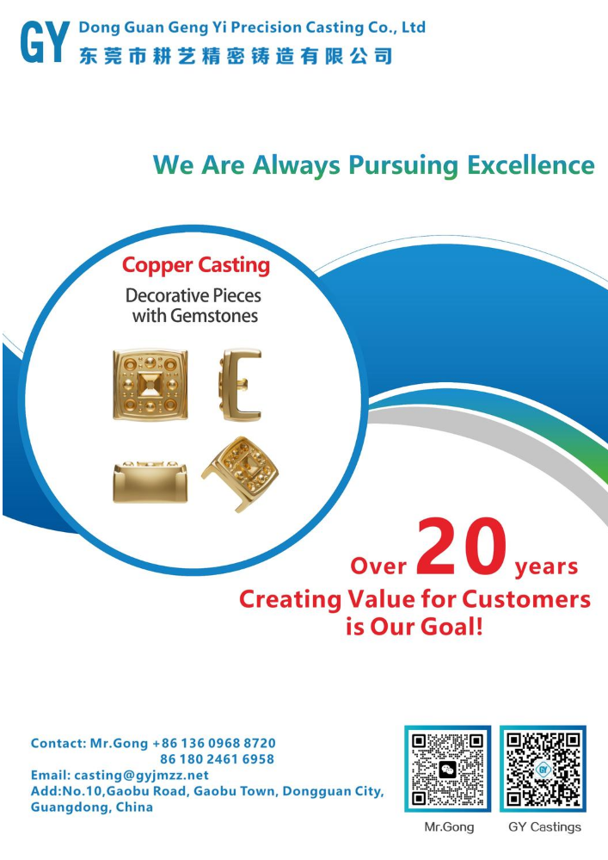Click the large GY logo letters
click(45, 41)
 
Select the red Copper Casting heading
click(196, 265)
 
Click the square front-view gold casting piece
click(150, 385)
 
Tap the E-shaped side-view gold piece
click(240, 384)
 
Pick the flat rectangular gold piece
click(150, 481)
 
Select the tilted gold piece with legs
click(240, 473)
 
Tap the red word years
click(546, 566)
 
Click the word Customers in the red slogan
click(526, 599)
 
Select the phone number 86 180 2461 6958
click(217, 759)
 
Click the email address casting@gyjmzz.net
click(141, 775)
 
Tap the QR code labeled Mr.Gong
click(447, 769)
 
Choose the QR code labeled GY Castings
click(543, 769)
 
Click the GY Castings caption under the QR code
click(544, 827)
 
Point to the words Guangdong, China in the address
click(91, 807)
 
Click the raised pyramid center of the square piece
click(150, 385)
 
